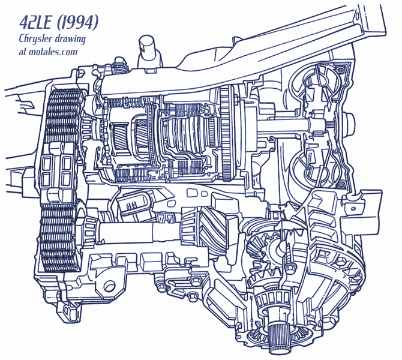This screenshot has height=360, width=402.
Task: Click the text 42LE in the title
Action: tap(36, 22)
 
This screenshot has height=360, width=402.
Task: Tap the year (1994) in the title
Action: tap(77, 22)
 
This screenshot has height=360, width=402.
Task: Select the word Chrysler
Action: tap(35, 39)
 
